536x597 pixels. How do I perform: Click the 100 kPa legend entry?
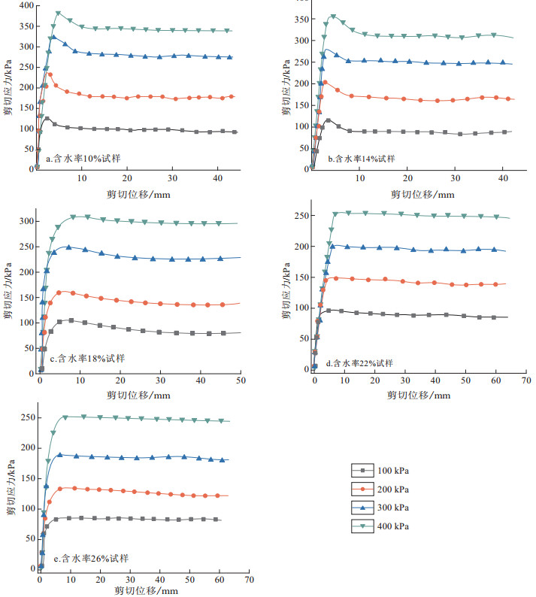pyautogui.click(x=383, y=471)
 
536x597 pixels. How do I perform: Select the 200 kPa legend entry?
pyautogui.click(x=383, y=490)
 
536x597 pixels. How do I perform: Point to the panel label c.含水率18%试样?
pyautogui.click(x=87, y=358)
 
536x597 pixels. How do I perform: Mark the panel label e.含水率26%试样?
pyautogui.click(x=89, y=559)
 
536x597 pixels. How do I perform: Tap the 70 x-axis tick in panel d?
pyautogui.click(x=526, y=380)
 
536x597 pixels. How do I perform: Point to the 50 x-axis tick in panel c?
pyautogui.click(x=241, y=380)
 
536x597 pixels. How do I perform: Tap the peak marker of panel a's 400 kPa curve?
pyautogui.click(x=58, y=14)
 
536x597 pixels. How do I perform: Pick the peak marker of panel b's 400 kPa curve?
pyautogui.click(x=333, y=17)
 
